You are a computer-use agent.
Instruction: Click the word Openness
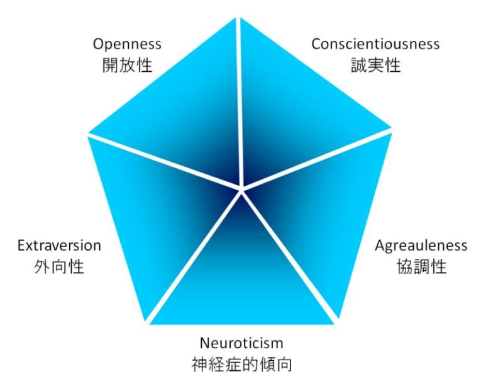tap(127, 44)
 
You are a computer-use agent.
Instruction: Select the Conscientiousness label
tap(375, 44)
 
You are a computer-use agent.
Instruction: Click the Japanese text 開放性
tap(127, 65)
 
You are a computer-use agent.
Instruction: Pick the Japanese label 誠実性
tap(375, 65)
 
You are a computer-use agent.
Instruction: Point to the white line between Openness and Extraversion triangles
tap(163, 161)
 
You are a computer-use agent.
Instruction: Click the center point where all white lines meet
tap(241, 188)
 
